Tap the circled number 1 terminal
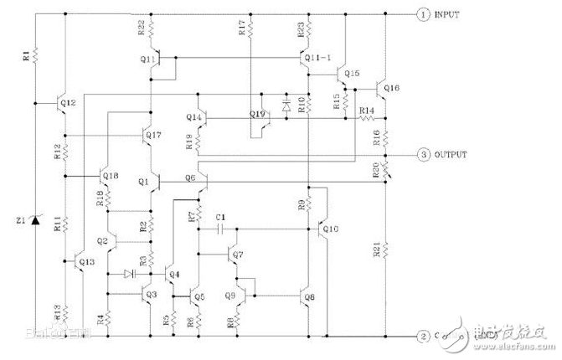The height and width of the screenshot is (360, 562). tap(425, 14)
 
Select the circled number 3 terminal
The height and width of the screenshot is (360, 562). tap(425, 156)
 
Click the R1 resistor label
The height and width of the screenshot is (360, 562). tap(25, 57)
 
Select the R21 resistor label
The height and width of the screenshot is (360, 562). tap(375, 249)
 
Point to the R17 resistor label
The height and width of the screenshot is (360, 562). tap(242, 29)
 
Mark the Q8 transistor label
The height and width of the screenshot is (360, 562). tap(310, 296)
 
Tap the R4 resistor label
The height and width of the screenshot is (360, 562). tap(99, 319)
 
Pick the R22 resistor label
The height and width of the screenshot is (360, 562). tap(141, 29)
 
